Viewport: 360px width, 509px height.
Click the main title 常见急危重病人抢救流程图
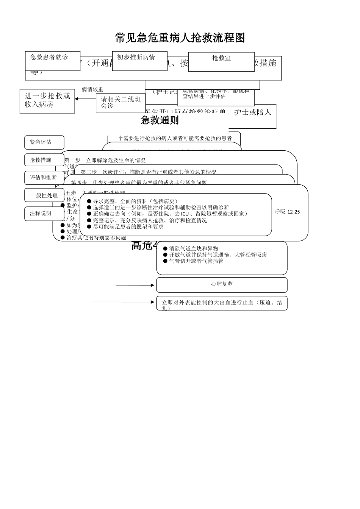pos(180,38)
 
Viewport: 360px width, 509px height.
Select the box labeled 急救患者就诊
pos(53,61)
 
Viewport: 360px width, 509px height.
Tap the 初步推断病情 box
pos(139,61)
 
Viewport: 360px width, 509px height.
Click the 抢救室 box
pos(221,62)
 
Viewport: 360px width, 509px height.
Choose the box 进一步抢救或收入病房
pos(47,101)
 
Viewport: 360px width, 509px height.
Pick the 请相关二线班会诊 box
pos(121,103)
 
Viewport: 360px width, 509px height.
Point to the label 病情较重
pos(92,90)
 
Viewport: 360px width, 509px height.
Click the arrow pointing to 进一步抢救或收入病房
pos(85,99)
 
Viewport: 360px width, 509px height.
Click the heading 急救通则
pos(160,120)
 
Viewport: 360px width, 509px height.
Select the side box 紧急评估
pos(44,142)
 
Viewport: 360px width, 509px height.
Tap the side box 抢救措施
pos(44,160)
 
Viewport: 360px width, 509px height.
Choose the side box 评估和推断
pos(44,178)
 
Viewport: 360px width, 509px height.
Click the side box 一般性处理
pos(44,195)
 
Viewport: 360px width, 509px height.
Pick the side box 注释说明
pos(44,214)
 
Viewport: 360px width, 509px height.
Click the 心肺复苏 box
pos(222,284)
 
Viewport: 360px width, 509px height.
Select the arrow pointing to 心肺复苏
pos(135,285)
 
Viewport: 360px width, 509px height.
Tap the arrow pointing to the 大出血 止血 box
pos(124,302)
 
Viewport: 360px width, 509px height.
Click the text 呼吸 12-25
pos(287,212)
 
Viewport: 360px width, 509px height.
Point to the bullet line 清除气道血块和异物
pos(193,249)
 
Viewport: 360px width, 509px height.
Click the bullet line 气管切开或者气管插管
pos(196,261)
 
